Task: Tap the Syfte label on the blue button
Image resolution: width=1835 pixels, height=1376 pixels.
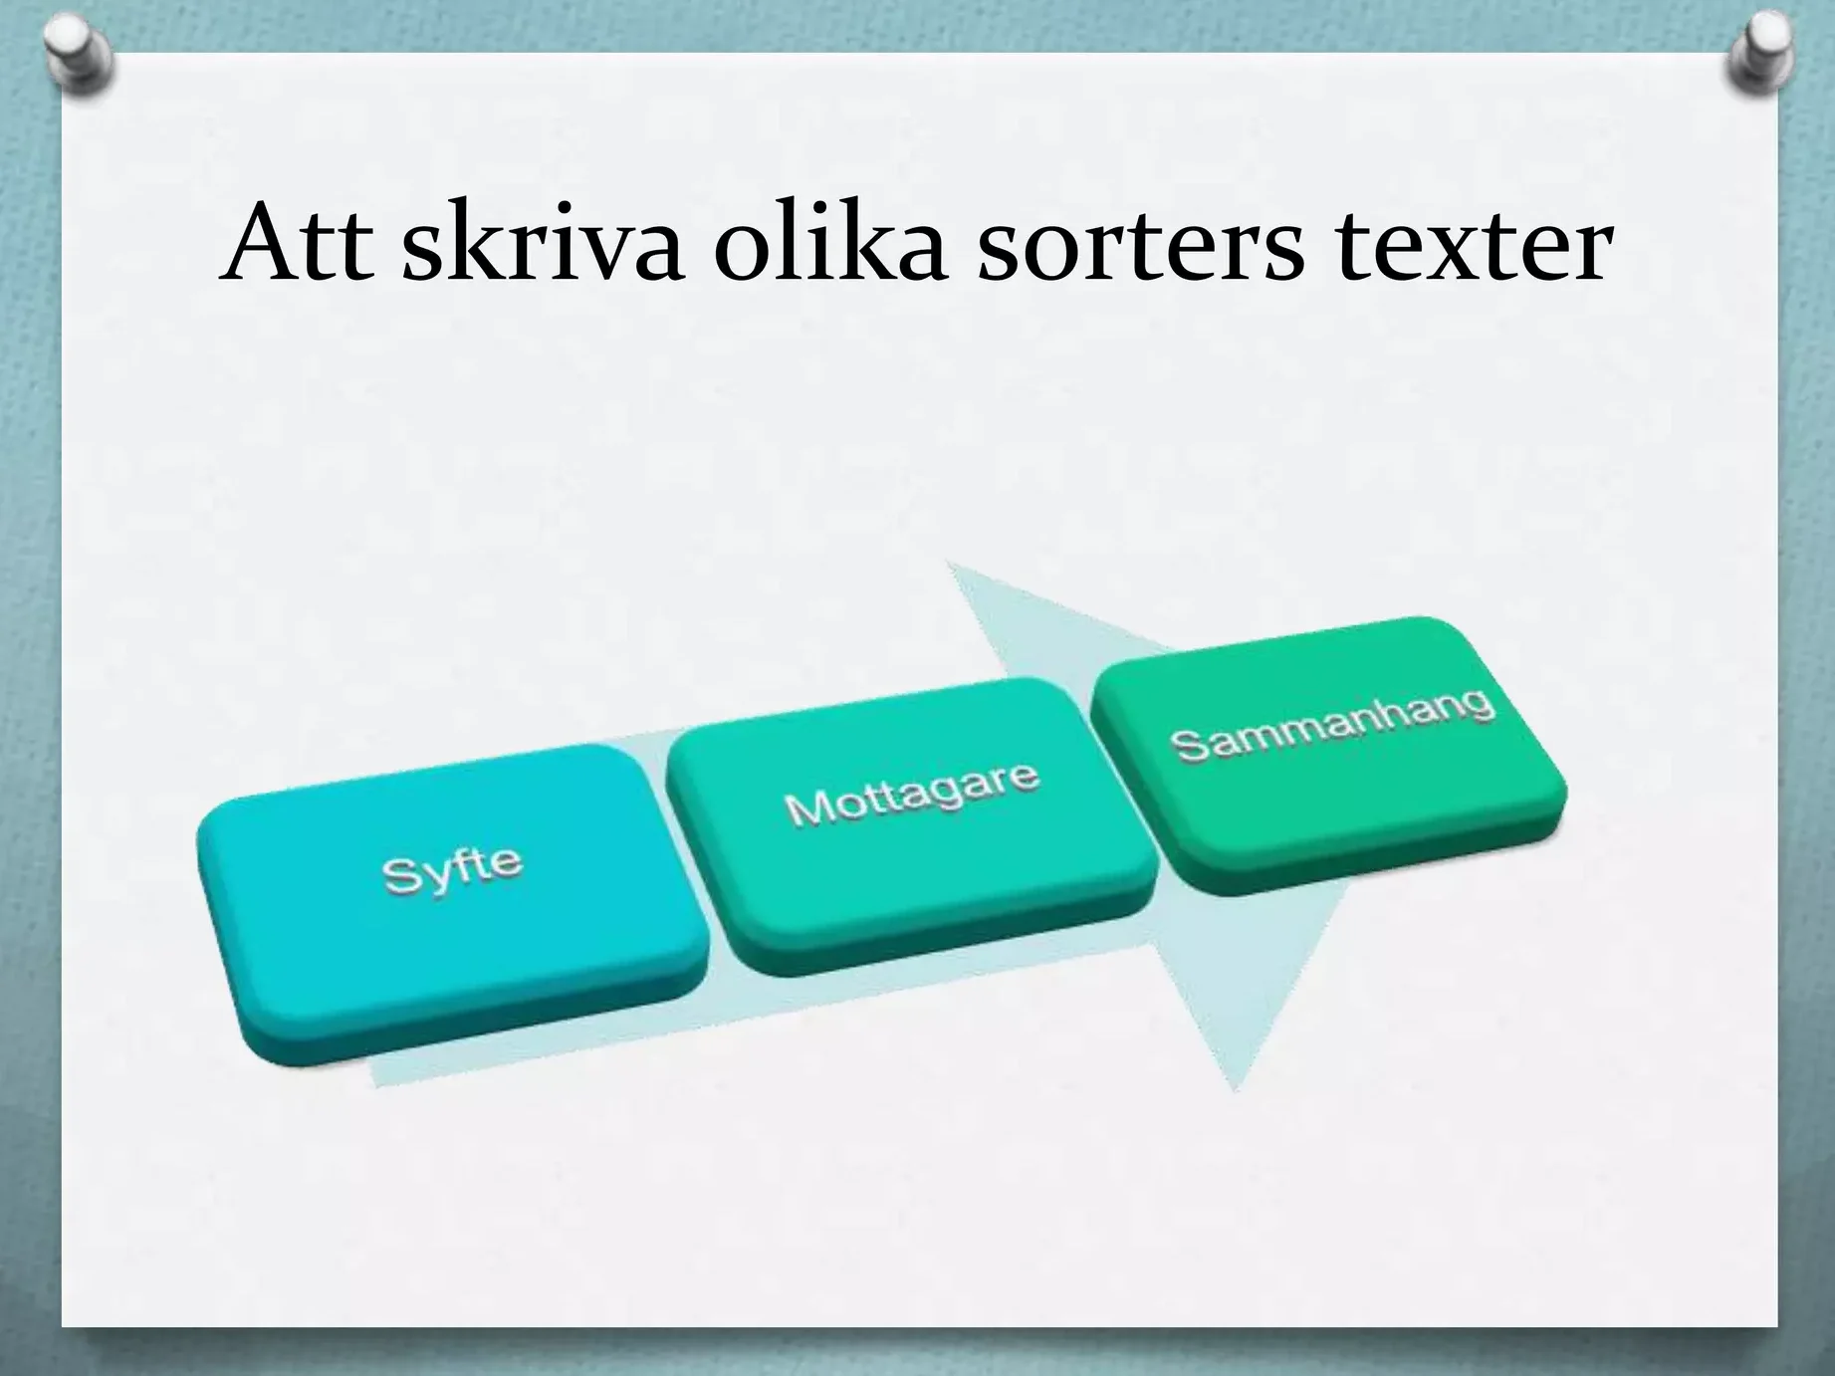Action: pyautogui.click(x=452, y=869)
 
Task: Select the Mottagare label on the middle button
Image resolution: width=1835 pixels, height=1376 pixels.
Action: pyautogui.click(x=912, y=794)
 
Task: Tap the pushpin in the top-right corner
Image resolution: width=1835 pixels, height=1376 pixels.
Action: pyautogui.click(x=1759, y=56)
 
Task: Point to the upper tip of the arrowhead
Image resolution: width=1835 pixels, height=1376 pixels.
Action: pyautogui.click(x=947, y=563)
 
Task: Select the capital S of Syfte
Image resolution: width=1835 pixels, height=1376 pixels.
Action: pyautogui.click(x=400, y=876)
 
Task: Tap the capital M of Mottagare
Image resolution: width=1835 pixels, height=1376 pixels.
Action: pyautogui.click(x=806, y=808)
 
